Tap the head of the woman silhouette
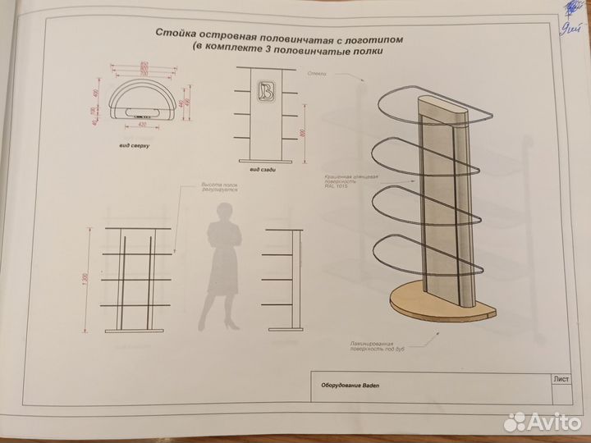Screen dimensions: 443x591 point(222,214)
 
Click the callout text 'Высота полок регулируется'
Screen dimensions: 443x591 point(219,188)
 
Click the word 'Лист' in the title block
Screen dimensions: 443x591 point(562,379)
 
